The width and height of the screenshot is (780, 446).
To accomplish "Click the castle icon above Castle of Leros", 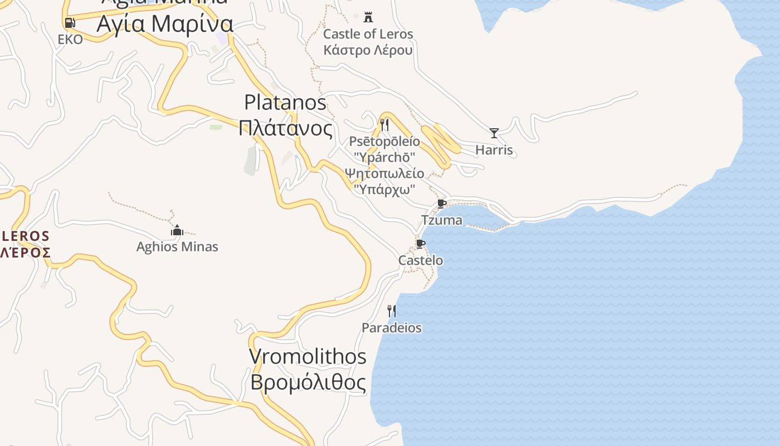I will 368,17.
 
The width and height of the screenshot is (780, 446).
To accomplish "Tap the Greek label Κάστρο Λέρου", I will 368,50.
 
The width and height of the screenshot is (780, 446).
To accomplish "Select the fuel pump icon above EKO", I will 70,23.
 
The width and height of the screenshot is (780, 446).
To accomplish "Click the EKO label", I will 70,39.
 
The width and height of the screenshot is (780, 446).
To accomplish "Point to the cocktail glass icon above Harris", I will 494,133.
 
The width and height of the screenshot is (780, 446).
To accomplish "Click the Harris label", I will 494,150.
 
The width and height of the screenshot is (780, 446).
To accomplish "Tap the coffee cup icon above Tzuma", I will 442,203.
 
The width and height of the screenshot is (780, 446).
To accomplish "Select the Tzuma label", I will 442,220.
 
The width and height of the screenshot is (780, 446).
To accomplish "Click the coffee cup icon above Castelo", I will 421,244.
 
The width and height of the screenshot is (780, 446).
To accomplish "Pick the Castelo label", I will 421,260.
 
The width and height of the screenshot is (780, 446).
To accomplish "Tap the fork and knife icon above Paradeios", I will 392,311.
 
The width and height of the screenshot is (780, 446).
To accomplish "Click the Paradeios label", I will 392,328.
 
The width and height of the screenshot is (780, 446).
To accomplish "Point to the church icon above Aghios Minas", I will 177,230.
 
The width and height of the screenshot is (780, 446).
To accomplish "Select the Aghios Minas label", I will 177,246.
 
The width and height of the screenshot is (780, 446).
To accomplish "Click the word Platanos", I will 285,102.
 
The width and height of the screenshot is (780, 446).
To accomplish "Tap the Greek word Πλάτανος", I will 285,128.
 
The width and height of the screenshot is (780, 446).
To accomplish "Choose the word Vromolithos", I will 308,356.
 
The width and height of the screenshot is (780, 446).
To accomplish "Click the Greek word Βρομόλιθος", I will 308,383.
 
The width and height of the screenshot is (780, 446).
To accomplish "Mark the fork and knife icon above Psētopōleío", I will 384,124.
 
